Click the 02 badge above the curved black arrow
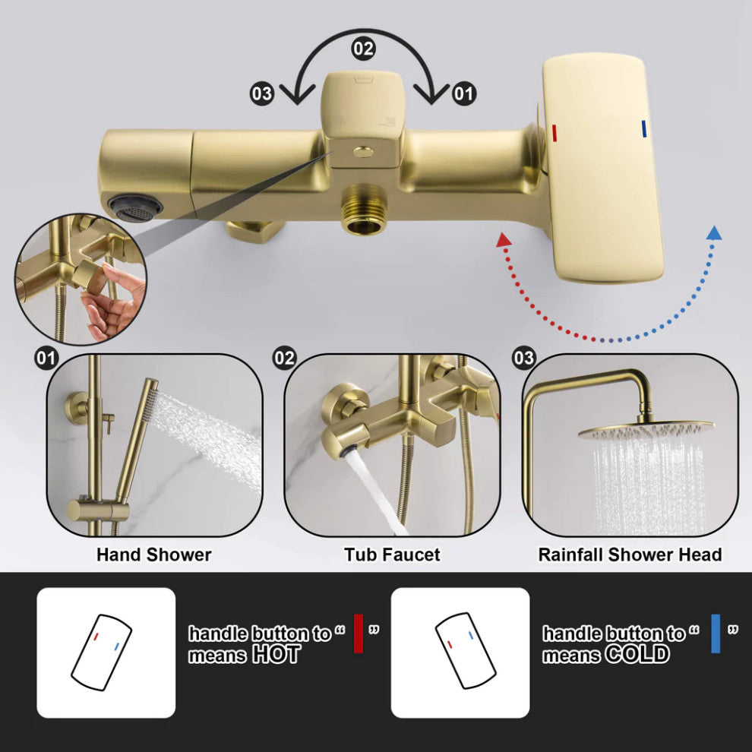pyautogui.click(x=363, y=49)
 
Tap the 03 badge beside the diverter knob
pyautogui.click(x=262, y=94)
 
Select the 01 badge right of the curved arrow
pyautogui.click(x=463, y=94)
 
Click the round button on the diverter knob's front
pyautogui.click(x=364, y=152)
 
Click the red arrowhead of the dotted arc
pyautogui.click(x=502, y=240)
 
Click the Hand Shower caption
pyautogui.click(x=153, y=555)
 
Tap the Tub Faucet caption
pyautogui.click(x=392, y=555)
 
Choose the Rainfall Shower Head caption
pyautogui.click(x=630, y=555)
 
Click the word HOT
pyautogui.click(x=276, y=655)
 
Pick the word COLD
pyautogui.click(x=637, y=655)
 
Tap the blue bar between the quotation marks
pyautogui.click(x=715, y=634)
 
